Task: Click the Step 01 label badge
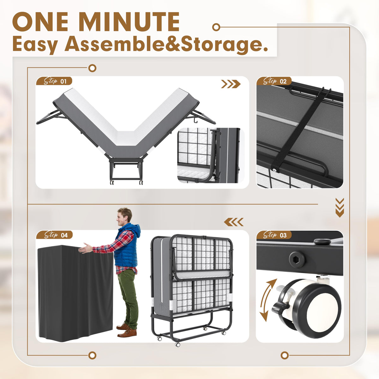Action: [54, 81]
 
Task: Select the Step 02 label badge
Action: [274, 81]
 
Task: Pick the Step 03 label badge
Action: [274, 235]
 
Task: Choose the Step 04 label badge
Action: [54, 235]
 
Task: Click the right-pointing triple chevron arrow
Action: [231, 84]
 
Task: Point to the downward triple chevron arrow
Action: [340, 208]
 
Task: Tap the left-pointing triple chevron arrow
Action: [234, 222]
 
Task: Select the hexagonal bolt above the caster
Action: [297, 260]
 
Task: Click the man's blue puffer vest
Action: [126, 246]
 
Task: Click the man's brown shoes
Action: [126, 330]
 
